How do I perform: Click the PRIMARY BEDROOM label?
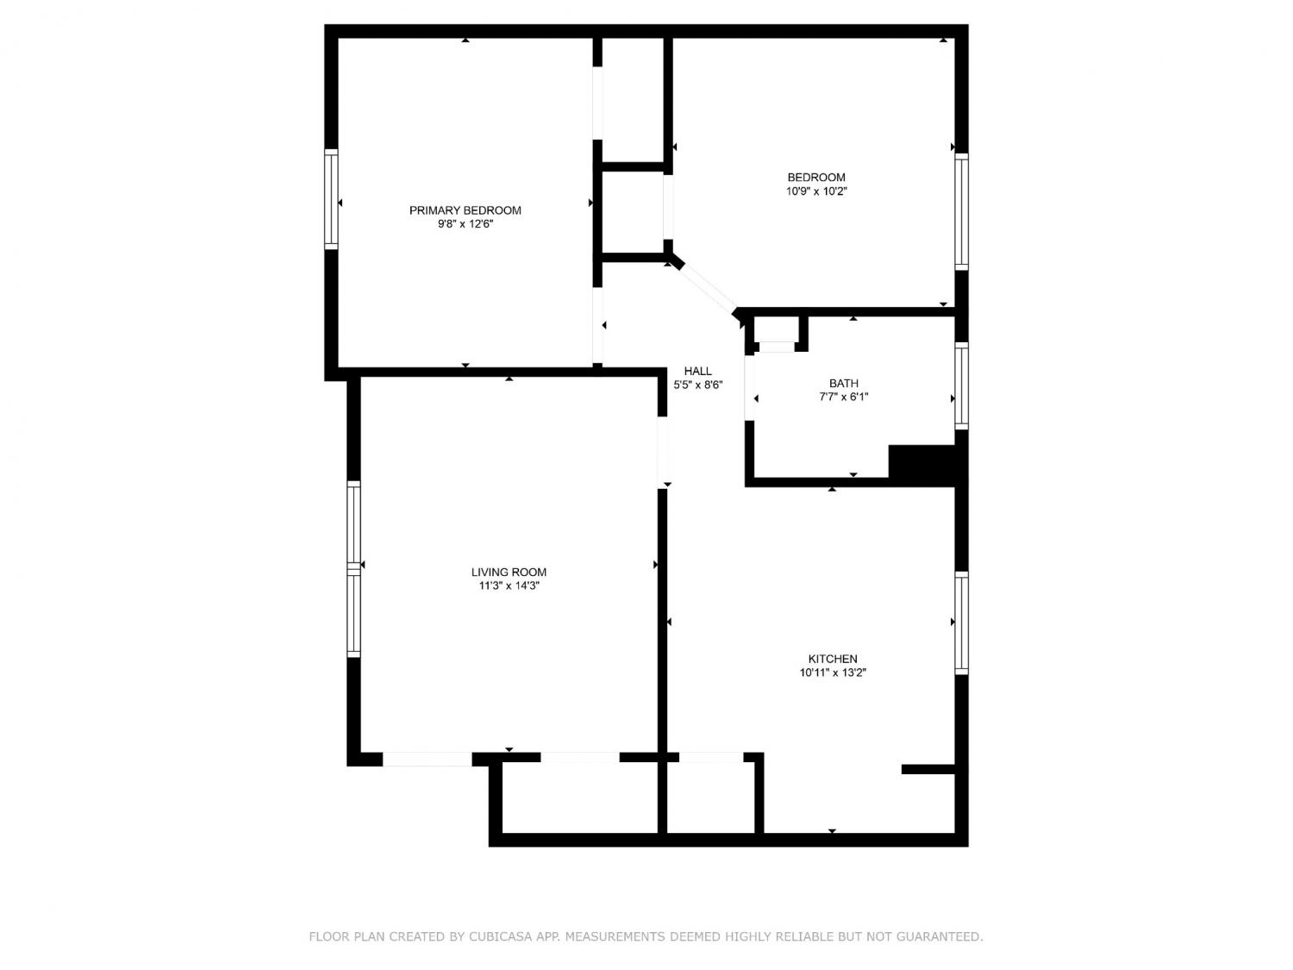pos(465,210)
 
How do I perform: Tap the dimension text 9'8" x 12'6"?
pos(465,224)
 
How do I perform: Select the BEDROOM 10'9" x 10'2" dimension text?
pos(815,191)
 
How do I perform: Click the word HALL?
pos(697,371)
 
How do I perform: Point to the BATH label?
pos(844,383)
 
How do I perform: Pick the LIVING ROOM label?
pos(509,572)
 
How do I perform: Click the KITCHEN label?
pos(833,659)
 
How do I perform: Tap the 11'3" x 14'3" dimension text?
pos(509,585)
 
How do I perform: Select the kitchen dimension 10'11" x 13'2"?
pos(833,672)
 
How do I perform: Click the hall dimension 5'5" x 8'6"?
pos(697,385)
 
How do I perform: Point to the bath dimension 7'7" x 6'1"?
pos(844,397)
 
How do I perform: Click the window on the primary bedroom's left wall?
pos(331,199)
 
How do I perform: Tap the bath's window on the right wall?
pos(961,385)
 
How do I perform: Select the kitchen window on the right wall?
pos(961,623)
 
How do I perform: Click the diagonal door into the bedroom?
pos(707,287)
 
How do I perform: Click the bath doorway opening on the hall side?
pos(749,387)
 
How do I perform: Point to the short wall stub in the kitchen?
pos(928,769)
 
